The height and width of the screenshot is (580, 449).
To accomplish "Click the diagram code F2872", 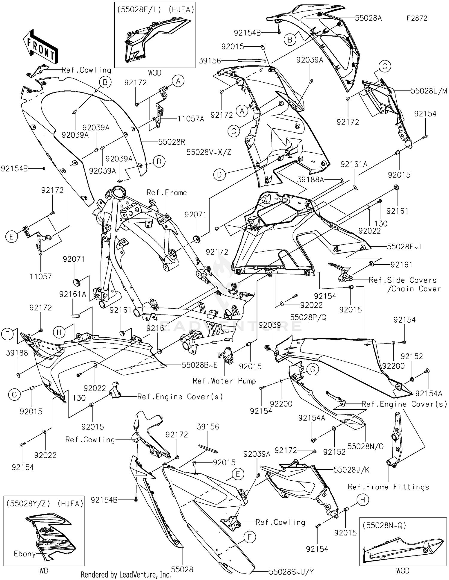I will [417, 18].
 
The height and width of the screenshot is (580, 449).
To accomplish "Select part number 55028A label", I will [368, 18].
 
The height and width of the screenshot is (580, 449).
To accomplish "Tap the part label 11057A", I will [191, 119].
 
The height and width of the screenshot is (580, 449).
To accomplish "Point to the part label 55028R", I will [172, 142].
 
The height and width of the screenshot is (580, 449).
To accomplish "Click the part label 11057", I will [41, 277].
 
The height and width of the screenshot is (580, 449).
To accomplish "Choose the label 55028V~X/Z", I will [209, 152].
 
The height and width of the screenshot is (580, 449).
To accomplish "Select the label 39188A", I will [311, 180].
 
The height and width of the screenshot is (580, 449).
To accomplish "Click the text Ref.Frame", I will [166, 193].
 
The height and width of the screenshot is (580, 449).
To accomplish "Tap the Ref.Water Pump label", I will [224, 381].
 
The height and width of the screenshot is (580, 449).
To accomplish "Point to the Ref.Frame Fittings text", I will [388, 487].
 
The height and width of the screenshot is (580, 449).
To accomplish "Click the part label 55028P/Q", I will [308, 318].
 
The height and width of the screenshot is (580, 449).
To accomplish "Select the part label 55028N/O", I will [365, 446].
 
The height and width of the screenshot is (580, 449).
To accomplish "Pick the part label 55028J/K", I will [351, 470].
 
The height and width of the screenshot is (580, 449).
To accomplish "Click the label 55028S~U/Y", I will [291, 572].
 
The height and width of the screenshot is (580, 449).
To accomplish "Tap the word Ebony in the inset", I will [25, 554].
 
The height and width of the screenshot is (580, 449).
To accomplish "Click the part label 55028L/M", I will [428, 91].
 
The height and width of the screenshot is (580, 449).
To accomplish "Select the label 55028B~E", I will [199, 365].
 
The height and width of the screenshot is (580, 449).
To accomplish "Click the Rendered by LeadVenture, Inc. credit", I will [126, 575].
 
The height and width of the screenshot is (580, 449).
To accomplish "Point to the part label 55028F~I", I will [404, 247].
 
